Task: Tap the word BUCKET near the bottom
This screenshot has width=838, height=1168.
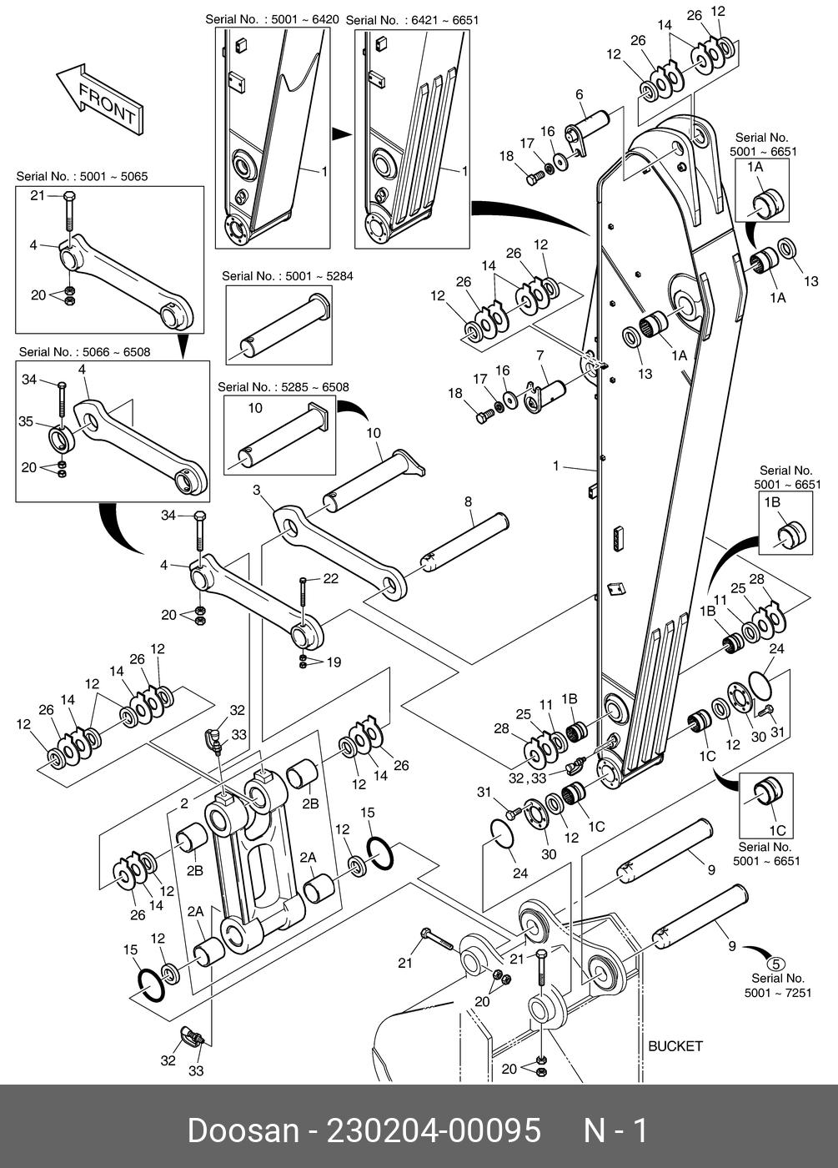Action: pos(675,1046)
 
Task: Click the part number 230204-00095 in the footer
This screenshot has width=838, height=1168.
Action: pos(434,1131)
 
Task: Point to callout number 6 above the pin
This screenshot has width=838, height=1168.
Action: pos(580,95)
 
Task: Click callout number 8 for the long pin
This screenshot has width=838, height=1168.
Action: pos(469,501)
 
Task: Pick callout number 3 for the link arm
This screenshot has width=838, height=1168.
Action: pos(257,489)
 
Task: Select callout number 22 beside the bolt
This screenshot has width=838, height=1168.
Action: pos(330,578)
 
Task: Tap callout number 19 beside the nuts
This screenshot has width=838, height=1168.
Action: pos(333,662)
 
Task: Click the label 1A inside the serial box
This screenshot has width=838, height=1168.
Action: pos(755,168)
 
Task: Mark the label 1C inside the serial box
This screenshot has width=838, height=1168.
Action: pos(776,830)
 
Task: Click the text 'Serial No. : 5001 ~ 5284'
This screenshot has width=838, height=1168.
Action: pos(287,276)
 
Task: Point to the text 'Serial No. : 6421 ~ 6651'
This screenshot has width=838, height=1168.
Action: pos(412,20)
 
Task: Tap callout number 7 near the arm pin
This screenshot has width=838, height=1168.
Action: pos(540,356)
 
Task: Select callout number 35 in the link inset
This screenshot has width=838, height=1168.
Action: pos(26,422)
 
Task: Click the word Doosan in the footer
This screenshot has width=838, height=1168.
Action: pos(243,1131)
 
